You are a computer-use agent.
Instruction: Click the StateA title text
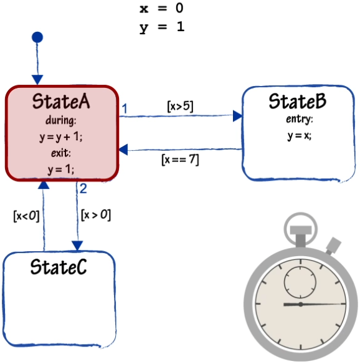[61, 101]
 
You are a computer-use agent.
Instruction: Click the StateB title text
[298, 101]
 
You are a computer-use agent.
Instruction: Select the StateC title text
[59, 267]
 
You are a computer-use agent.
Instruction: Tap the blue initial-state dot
[37, 37]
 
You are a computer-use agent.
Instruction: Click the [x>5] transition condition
[180, 107]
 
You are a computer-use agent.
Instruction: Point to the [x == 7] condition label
[180, 160]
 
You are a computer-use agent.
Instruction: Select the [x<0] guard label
[26, 216]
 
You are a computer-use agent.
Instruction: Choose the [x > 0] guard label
[96, 215]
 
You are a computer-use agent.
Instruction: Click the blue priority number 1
[125, 108]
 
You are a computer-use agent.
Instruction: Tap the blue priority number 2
[83, 188]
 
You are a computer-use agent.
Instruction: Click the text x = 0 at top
[161, 8]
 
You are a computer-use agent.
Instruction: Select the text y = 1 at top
[162, 27]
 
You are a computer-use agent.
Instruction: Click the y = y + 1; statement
[61, 137]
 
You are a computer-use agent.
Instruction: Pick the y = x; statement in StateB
[300, 136]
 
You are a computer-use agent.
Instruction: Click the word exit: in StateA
[61, 153]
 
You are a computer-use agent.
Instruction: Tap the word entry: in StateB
[300, 119]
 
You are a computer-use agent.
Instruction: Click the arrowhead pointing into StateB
[237, 116]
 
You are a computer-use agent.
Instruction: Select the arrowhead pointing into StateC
[77, 246]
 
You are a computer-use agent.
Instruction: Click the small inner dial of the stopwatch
[300, 282]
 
